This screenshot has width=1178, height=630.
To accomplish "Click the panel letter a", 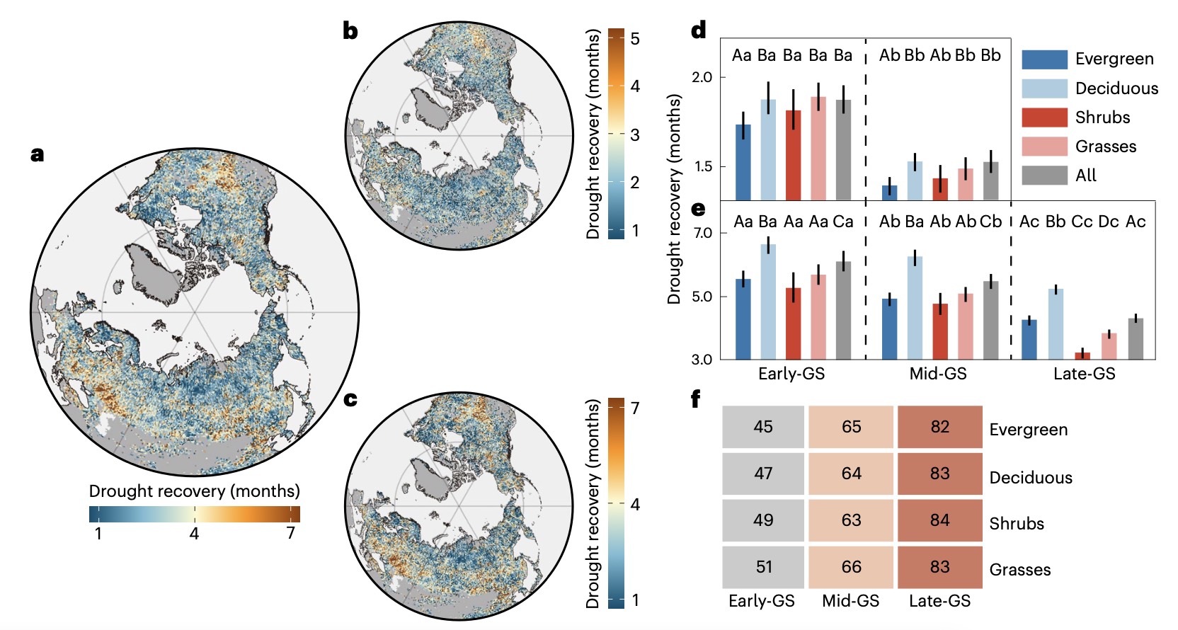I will [38, 154].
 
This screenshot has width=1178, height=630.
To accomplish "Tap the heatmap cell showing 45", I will [763, 427].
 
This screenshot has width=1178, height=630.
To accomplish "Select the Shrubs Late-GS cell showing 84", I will [939, 520].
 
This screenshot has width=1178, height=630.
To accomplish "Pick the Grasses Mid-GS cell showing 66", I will [852, 567].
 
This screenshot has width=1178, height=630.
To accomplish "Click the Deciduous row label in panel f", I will [1030, 478].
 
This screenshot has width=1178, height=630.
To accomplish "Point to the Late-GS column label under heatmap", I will [939, 601].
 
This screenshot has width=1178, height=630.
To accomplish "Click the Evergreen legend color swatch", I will [1044, 59].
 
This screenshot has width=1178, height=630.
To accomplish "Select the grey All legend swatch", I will [1044, 176].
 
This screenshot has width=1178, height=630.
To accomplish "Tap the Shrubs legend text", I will [1102, 118].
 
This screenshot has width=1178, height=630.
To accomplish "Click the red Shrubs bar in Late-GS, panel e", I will [1082, 355].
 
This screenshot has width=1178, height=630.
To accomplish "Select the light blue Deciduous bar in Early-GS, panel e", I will [768, 302].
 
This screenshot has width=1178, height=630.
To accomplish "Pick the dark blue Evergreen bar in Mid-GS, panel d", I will [889, 193].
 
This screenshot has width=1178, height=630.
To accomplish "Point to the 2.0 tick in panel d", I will [702, 77].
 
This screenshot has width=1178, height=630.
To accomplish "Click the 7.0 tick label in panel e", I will [702, 233].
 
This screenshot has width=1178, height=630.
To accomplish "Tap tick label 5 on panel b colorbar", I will [635, 39].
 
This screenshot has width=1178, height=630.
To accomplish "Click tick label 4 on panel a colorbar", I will [194, 534].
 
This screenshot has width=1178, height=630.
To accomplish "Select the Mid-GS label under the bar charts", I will [937, 374].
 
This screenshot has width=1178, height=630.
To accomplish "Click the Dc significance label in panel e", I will [1108, 222].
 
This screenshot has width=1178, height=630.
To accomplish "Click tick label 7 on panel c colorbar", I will [635, 408].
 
